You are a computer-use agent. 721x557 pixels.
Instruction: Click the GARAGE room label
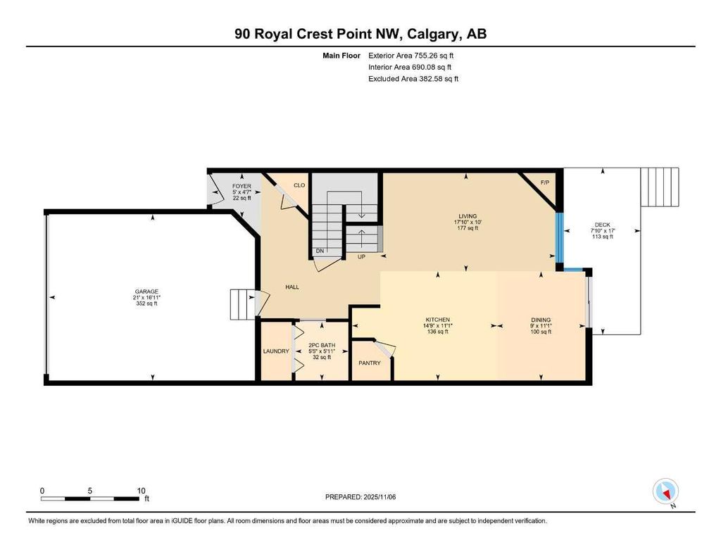coord(147,292)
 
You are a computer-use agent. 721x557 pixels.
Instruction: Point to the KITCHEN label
coord(437,320)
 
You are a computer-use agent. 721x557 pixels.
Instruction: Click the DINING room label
coord(541,320)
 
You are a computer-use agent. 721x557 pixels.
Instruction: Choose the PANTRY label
coord(369,363)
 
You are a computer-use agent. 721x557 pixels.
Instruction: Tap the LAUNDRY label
coord(276,351)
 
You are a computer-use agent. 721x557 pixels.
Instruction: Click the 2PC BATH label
coord(321,345)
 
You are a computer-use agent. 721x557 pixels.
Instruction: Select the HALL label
coord(294,287)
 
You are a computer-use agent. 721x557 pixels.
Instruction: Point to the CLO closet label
coord(299,185)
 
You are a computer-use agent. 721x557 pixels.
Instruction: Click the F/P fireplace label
coord(544,183)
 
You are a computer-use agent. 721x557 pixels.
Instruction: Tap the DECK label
coord(602,225)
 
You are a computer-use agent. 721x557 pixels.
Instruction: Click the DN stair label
coord(320,251)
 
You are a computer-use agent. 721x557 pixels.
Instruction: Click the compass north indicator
coord(665,491)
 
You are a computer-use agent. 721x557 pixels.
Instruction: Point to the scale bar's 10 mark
coord(141,491)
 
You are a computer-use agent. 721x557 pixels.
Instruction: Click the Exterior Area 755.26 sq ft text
coord(416,55)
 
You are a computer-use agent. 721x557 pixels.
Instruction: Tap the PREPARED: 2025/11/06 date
coord(360,497)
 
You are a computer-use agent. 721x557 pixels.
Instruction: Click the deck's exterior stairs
coord(660,187)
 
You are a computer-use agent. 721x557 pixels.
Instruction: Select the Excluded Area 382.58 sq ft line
coord(413,79)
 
